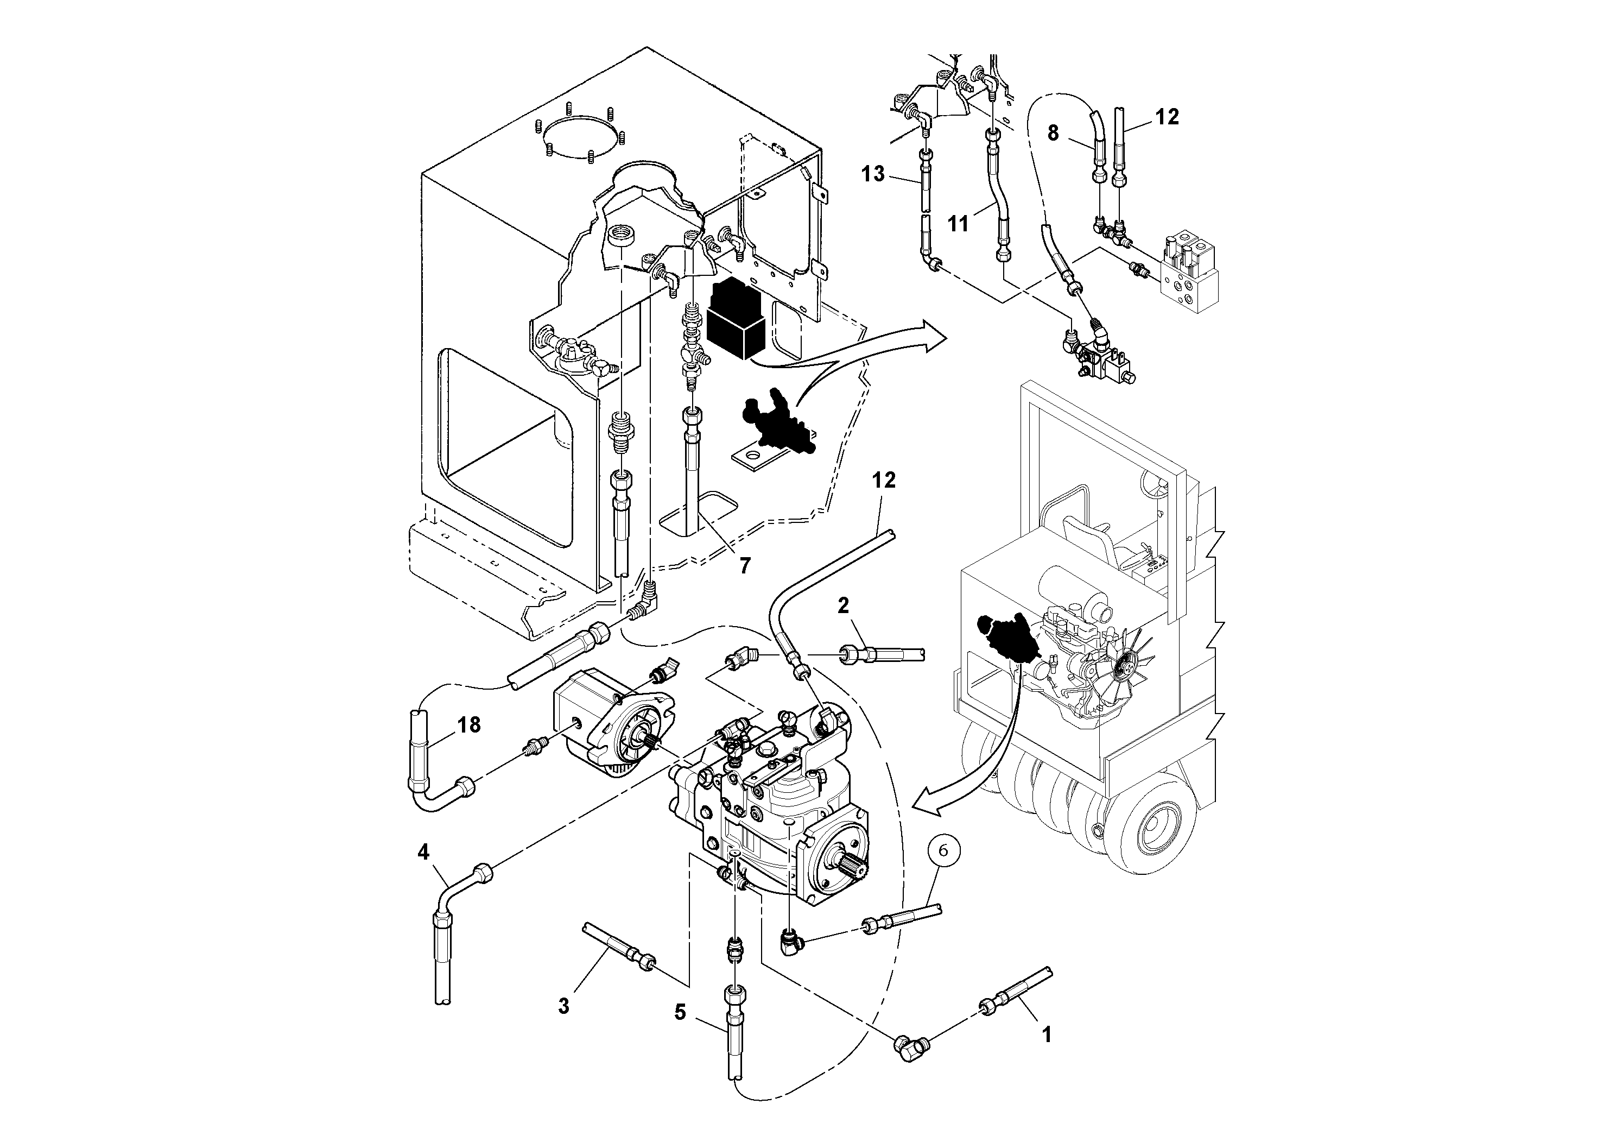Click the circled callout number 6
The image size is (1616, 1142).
[x=943, y=850]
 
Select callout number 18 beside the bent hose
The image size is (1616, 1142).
[x=469, y=724]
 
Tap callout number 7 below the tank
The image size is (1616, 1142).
[x=745, y=565]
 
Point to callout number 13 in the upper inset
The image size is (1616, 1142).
[x=873, y=173]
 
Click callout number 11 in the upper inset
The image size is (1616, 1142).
[x=959, y=223]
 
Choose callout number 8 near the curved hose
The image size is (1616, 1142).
[x=1053, y=133]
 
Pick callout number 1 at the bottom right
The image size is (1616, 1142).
[x=1047, y=1034]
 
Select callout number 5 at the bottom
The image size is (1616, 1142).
[x=679, y=1012]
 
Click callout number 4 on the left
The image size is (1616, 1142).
[x=423, y=853]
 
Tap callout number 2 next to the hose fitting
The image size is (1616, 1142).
[x=843, y=605]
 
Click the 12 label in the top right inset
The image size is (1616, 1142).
[x=1167, y=117]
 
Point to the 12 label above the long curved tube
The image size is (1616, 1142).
[x=884, y=480]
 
